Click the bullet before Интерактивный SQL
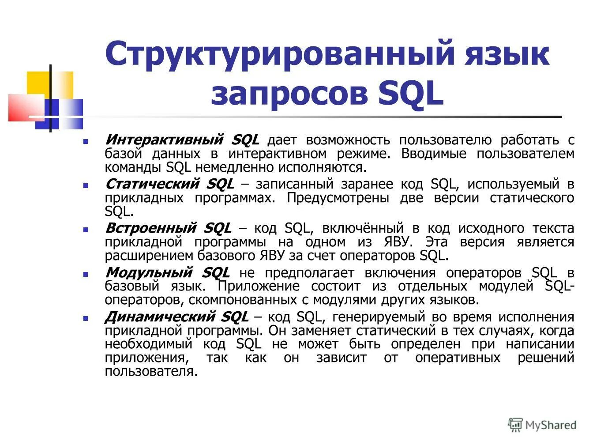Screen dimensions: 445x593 [x=86, y=142]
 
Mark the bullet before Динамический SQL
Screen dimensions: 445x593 [x=86, y=318]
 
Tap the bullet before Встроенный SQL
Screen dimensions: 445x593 [x=86, y=230]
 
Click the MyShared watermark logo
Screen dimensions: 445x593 [x=542, y=425]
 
